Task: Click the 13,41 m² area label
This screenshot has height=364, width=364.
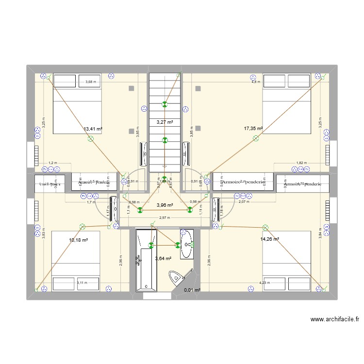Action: click(x=93, y=129)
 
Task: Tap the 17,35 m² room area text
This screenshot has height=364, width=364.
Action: click(x=253, y=129)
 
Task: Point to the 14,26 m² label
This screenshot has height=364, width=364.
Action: click(x=269, y=239)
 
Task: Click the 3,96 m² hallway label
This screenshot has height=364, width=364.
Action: click(x=165, y=205)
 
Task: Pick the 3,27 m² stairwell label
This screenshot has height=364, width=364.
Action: click(x=165, y=122)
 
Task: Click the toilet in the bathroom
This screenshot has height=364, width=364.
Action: click(x=176, y=277)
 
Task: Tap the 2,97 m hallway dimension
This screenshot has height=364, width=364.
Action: click(x=165, y=218)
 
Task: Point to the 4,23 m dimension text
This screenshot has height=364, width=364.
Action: click(x=265, y=283)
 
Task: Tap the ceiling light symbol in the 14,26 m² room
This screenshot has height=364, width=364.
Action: click(x=265, y=227)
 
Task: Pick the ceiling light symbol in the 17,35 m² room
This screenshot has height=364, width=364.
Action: click(x=255, y=139)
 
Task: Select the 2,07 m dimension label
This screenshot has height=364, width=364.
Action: click(x=244, y=201)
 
